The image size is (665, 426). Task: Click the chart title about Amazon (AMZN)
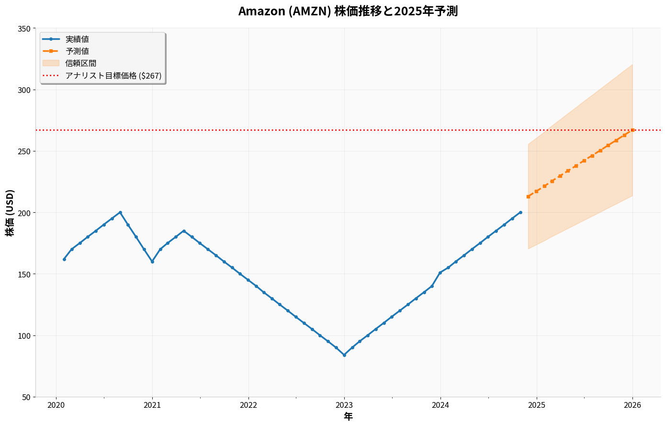[348, 12]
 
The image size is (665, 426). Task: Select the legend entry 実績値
[77, 39]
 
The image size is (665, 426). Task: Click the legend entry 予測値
[77, 51]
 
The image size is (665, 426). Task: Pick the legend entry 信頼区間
[81, 63]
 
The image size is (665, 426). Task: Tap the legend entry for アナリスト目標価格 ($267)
[113, 76]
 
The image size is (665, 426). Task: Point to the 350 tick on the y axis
[24, 29]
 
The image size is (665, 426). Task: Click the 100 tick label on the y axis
[24, 336]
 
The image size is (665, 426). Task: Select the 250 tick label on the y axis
[24, 151]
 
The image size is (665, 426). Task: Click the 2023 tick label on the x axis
[344, 405]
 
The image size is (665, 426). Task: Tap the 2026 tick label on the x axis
[632, 405]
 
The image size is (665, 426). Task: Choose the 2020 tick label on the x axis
[56, 405]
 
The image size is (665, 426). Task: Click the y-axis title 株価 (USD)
[10, 212]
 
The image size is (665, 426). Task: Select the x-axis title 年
[348, 417]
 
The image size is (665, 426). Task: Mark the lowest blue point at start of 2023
[344, 355]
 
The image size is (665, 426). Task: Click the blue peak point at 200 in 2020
[120, 212]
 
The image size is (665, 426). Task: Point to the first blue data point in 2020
[64, 259]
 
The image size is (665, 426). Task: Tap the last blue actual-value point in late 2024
[520, 212]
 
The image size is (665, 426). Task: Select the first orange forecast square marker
[528, 196]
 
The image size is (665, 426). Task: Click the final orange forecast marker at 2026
[632, 130]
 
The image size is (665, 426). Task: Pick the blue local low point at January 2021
[152, 262]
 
